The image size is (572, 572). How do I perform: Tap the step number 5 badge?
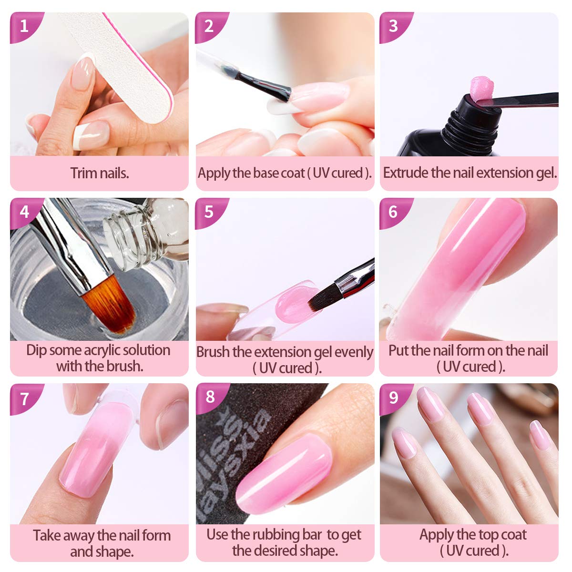point(209,211)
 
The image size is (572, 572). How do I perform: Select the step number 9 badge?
point(393,397)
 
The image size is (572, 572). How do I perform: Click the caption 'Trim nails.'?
point(100,173)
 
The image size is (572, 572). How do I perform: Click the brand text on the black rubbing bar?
point(238,439)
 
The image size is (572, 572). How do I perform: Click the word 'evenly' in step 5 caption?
point(354,352)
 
